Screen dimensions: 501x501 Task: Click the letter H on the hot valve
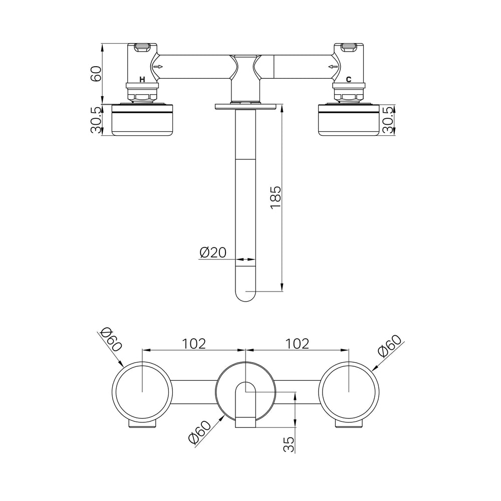pos(142,80)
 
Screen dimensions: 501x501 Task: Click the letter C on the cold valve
pos(349,80)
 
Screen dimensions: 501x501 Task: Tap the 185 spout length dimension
pos(276,197)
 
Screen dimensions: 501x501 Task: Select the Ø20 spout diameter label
pos(213,253)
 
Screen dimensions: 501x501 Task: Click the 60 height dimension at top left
pos(96,74)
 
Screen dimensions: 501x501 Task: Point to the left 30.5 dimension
pos(96,120)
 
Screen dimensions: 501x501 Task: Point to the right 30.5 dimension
pos(388,120)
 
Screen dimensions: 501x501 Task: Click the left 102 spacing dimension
pos(194,344)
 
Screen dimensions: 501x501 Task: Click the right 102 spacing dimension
pos(297,344)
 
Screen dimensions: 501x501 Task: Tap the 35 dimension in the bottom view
pos(289,444)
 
